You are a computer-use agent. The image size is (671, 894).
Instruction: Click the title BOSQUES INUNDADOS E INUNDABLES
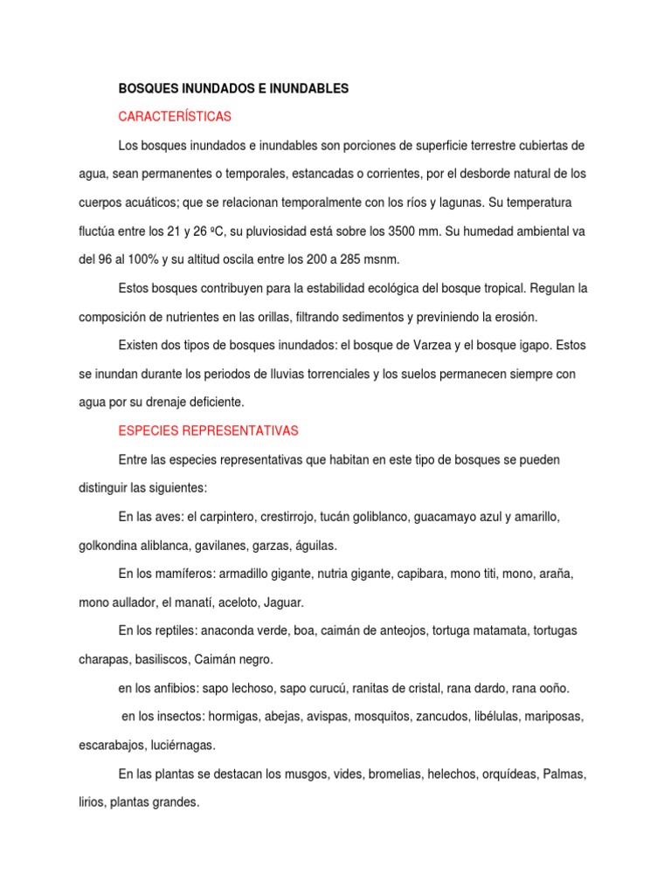(x=233, y=88)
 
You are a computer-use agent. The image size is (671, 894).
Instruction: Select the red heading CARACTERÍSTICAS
(x=175, y=116)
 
